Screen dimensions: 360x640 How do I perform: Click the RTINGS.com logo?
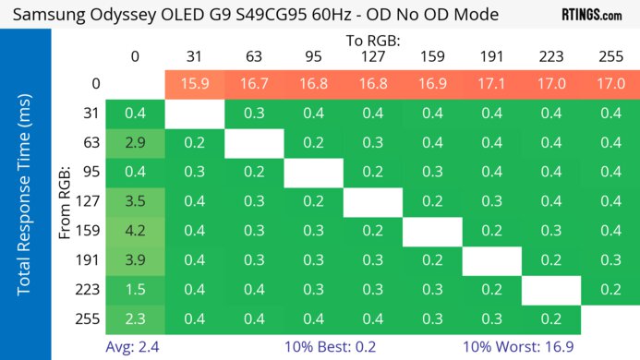591,15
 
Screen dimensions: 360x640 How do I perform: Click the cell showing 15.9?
195,84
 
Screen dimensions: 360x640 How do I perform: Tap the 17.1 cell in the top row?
491,84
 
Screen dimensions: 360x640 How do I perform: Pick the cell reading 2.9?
136,143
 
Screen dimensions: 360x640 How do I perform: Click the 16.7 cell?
254,84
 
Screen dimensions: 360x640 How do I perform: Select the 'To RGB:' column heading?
373,41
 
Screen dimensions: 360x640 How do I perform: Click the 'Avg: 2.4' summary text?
136,347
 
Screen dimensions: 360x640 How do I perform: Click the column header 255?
610,56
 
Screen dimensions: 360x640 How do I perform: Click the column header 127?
373,56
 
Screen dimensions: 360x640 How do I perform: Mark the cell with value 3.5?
136,202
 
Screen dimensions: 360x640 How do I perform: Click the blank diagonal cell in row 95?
314,173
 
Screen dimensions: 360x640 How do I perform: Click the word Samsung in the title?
46,15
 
